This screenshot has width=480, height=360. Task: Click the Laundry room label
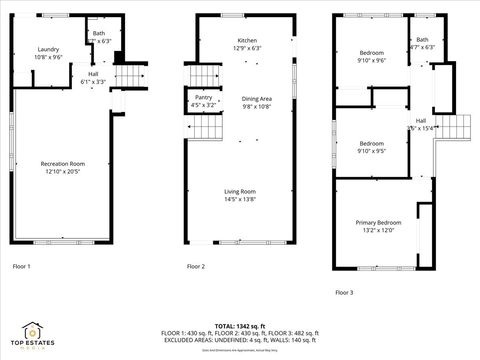click(48, 50)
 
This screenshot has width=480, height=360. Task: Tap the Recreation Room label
click(63, 163)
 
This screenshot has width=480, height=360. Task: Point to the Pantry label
click(203, 96)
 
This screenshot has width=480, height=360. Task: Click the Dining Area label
click(257, 98)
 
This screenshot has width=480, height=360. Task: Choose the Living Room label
click(239, 191)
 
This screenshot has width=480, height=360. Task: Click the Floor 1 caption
click(21, 267)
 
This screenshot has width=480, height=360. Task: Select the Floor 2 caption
click(196, 267)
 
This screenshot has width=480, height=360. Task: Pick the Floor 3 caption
click(344, 292)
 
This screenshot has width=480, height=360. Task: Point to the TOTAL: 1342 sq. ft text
click(239, 326)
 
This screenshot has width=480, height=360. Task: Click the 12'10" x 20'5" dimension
click(63, 172)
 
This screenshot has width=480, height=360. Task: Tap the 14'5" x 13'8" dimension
click(239, 200)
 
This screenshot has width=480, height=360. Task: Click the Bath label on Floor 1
click(98, 33)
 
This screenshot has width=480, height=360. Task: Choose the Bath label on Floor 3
click(423, 39)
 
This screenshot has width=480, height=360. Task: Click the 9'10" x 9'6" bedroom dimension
click(371, 60)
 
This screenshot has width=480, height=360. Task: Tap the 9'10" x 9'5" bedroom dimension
click(371, 151)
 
